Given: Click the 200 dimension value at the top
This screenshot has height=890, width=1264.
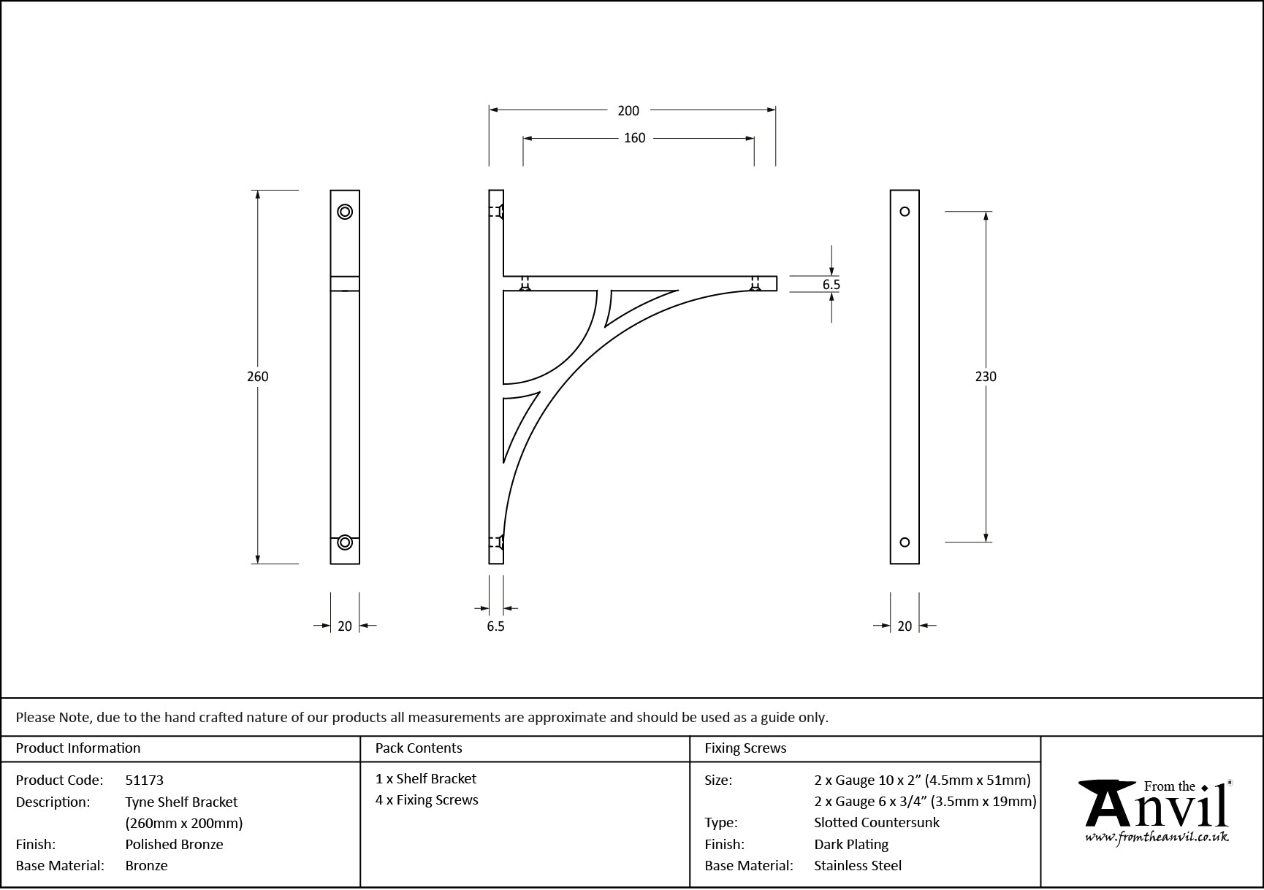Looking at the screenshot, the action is tap(628, 111).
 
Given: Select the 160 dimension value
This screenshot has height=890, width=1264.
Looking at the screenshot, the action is tap(634, 138).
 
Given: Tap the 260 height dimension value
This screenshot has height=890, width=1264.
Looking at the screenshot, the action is tap(258, 377).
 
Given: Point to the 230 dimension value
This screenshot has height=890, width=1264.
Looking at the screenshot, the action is tap(986, 377).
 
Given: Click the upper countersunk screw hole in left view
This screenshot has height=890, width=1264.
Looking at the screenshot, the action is tap(345, 212).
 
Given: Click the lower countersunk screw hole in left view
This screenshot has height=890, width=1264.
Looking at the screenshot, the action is tap(345, 542).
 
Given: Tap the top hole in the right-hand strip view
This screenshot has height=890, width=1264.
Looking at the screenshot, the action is tap(905, 212).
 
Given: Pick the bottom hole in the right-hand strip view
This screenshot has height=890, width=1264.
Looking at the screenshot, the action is tap(905, 542).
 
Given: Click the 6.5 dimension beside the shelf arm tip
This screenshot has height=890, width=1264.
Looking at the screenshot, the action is tap(831, 285).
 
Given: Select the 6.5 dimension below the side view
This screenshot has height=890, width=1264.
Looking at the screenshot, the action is tap(495, 626).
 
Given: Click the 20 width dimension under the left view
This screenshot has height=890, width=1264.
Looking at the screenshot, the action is tap(345, 626).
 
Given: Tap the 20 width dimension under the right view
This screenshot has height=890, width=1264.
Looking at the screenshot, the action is tap(905, 626).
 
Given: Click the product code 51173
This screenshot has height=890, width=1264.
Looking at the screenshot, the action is tap(145, 780).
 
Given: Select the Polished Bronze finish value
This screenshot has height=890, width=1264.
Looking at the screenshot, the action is tap(174, 845).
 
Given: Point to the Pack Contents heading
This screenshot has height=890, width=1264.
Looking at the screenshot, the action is tap(419, 748).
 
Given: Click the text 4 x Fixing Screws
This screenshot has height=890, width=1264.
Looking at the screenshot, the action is tap(427, 800).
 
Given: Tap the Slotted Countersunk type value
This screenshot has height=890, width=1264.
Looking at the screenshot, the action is tap(877, 823).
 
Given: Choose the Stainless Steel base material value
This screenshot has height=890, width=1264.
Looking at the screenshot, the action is tap(858, 866).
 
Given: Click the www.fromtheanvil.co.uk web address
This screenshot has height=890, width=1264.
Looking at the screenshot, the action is tap(1157, 837).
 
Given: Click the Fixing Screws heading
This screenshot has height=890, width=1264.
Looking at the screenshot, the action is tap(745, 748).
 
